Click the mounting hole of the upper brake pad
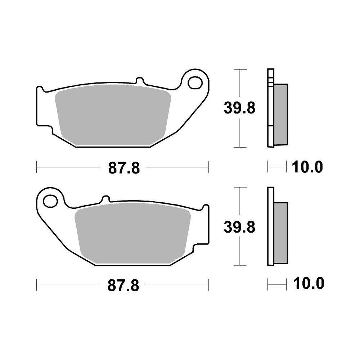point(195,83)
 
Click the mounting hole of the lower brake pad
point(50,201)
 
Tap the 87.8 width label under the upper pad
point(124,168)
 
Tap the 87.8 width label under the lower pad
point(123,286)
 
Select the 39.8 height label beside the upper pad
point(239,108)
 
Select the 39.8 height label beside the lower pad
point(239,227)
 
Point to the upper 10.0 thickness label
point(307,167)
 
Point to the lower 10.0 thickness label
point(309,283)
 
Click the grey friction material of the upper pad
point(113,115)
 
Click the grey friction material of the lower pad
point(133,233)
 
